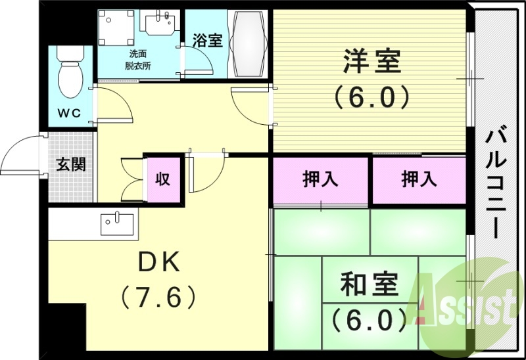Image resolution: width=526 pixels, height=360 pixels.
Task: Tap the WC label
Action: click(x=68, y=113)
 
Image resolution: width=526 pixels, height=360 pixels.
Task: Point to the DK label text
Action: click(x=158, y=263)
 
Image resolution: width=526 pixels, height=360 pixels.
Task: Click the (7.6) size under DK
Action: click(x=158, y=298)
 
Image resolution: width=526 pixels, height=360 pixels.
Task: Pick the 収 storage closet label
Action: click(x=162, y=179)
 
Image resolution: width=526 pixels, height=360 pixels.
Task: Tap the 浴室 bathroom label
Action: click(x=207, y=39)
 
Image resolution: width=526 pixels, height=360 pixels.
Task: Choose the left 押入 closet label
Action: click(x=320, y=179)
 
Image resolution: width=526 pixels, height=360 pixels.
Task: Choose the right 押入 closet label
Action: click(x=419, y=179)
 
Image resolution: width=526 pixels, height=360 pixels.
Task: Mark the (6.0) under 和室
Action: click(x=368, y=320)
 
